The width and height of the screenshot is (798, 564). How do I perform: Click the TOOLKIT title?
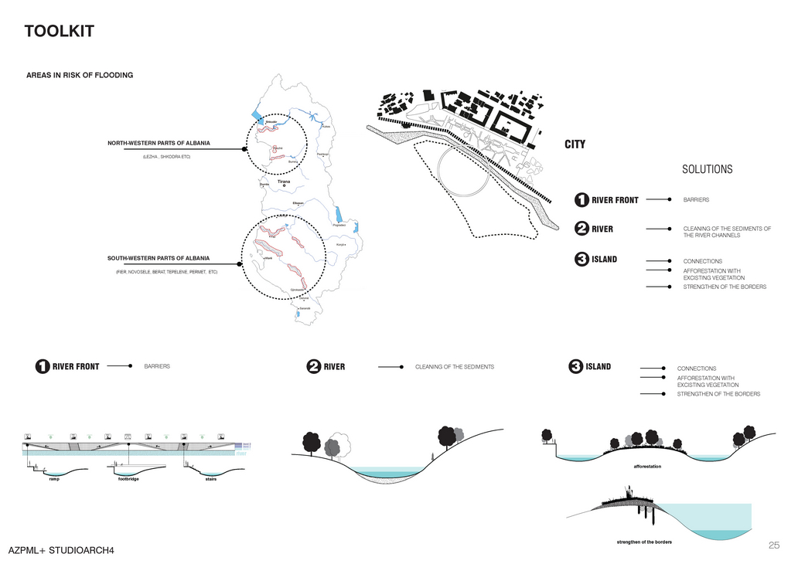[x=59, y=32]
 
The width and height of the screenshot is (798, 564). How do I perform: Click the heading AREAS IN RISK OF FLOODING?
[x=80, y=75]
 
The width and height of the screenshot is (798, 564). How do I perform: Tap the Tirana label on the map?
[x=284, y=182]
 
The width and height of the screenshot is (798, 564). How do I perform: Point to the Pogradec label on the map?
[x=339, y=225]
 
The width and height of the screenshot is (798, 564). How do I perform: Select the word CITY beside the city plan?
[x=575, y=144]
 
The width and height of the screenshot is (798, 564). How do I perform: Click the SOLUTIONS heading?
[x=707, y=169]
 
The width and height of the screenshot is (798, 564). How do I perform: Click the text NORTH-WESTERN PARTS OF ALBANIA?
[x=159, y=143]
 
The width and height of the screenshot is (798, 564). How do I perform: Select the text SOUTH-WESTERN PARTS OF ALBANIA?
[x=159, y=258]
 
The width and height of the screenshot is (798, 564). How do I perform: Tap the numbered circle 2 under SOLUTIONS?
[x=581, y=229]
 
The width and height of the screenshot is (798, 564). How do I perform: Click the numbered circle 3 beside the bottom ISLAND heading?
[x=575, y=367]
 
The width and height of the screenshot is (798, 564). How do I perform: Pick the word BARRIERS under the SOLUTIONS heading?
[x=696, y=200]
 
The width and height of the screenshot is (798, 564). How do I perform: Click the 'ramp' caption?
[x=53, y=480]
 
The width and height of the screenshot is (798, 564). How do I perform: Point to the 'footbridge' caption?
[x=128, y=480]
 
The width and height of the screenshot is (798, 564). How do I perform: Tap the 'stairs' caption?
[x=210, y=480]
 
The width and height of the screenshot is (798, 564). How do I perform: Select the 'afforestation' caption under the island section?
[x=647, y=467]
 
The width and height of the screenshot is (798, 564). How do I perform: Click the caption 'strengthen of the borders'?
[x=644, y=542]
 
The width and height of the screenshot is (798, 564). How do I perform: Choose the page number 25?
[x=774, y=545]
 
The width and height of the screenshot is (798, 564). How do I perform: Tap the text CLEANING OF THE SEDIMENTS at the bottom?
[x=455, y=367]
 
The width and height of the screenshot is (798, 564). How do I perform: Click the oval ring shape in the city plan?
[x=463, y=170]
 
